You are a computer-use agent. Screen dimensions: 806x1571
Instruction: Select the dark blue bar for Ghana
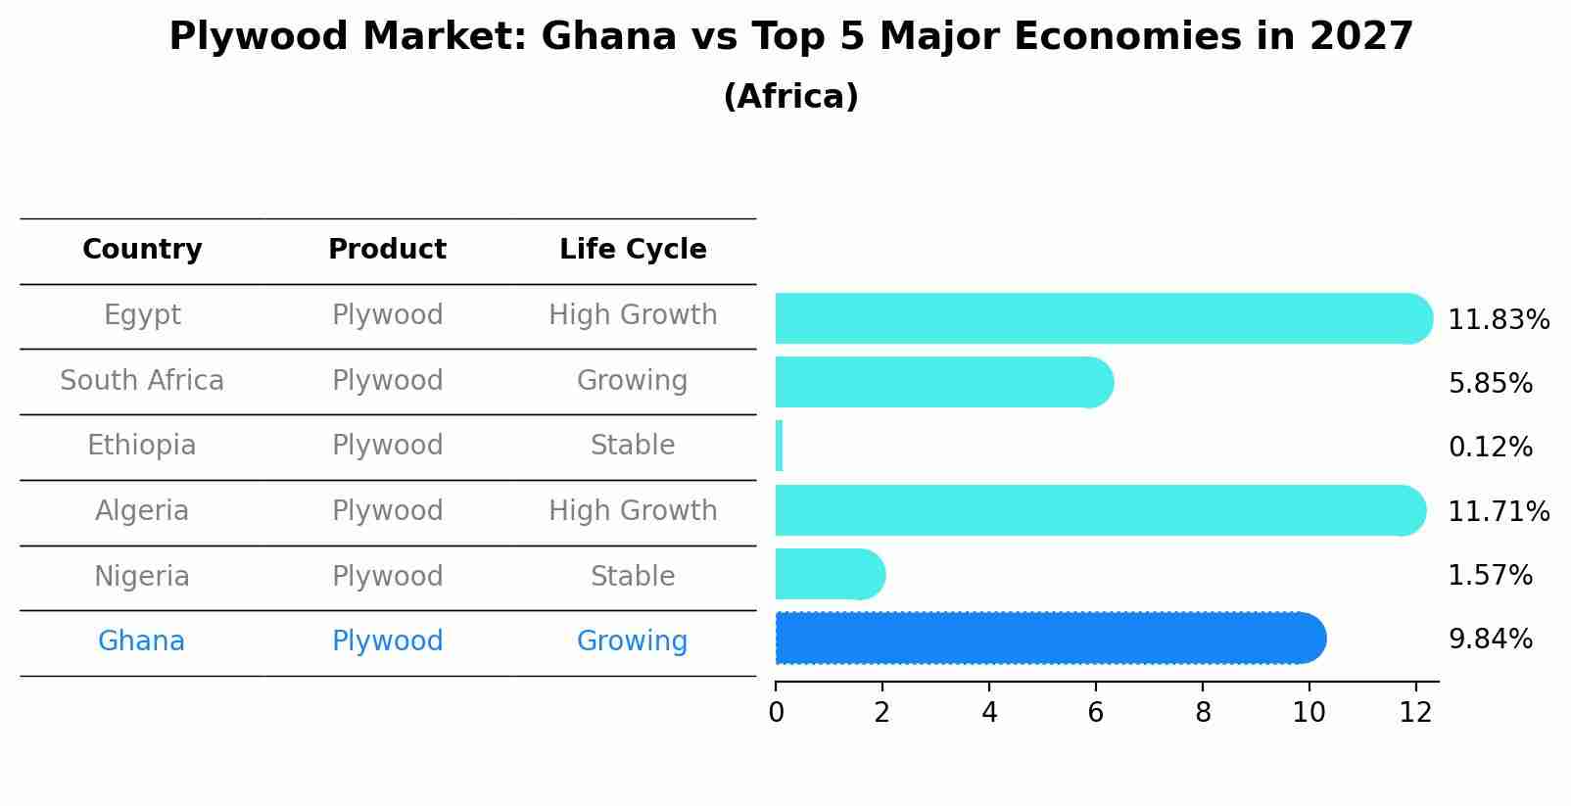[1048, 639]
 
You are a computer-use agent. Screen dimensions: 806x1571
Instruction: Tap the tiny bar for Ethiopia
[779, 447]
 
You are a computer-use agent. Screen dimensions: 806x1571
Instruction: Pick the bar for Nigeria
[829, 574]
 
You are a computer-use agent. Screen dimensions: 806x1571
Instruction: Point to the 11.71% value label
[1498, 511]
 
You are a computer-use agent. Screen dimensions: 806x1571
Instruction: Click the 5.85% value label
[1490, 383]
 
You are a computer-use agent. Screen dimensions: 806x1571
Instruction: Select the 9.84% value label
[1490, 639]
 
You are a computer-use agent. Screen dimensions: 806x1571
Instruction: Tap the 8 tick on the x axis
[1203, 712]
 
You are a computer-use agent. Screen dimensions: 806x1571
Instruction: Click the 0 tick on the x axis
[776, 712]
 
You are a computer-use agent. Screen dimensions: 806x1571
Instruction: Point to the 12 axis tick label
[1415, 712]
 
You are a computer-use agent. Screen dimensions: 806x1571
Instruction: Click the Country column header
[142, 250]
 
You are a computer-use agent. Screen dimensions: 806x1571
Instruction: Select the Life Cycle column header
[633, 250]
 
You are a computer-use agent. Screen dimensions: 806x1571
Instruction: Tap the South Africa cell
[142, 380]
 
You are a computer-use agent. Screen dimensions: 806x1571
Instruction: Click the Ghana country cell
[141, 640]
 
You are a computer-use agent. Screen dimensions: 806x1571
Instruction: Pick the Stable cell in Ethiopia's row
[633, 446]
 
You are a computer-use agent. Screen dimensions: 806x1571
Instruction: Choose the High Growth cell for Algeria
[633, 510]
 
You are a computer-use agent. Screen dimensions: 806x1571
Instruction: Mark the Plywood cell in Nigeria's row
[387, 576]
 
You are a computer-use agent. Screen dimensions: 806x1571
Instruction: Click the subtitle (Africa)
[790, 96]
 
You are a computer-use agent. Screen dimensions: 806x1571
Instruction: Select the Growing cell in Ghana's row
[632, 640]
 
